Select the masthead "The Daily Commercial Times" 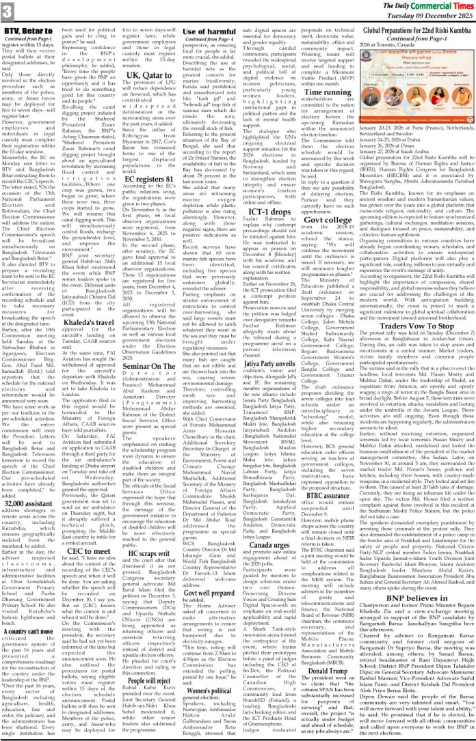[417, 6]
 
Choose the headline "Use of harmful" [210, 31]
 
